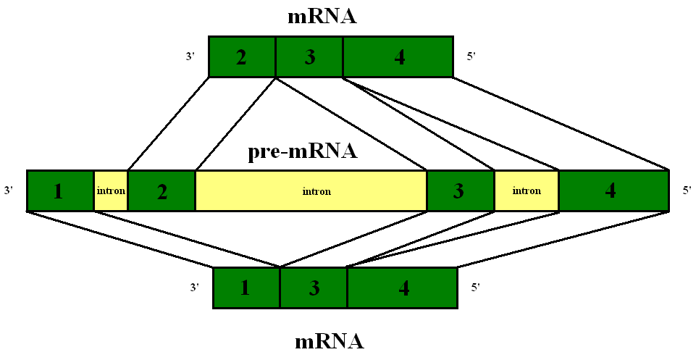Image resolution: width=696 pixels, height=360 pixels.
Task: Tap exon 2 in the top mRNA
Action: [242, 56]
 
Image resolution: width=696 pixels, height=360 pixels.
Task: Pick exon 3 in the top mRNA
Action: [309, 56]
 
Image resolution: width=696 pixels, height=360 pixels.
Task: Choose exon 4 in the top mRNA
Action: [398, 56]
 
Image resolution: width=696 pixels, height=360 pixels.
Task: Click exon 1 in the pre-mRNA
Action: [60, 191]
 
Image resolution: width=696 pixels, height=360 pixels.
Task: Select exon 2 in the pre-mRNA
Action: [162, 191]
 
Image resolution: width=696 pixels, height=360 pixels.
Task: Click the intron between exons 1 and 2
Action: [111, 191]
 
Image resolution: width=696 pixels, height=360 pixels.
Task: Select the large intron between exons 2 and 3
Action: [311, 191]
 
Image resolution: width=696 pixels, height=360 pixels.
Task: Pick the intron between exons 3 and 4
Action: [527, 191]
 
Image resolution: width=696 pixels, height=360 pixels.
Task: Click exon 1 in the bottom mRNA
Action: [246, 288]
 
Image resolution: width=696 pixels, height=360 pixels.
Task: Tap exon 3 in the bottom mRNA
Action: [314, 288]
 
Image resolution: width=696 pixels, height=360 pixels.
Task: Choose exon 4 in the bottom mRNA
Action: [402, 288]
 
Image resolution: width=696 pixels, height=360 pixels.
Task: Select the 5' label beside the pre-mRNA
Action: [687, 191]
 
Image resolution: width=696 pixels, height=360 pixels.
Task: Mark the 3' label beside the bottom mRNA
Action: [195, 288]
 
